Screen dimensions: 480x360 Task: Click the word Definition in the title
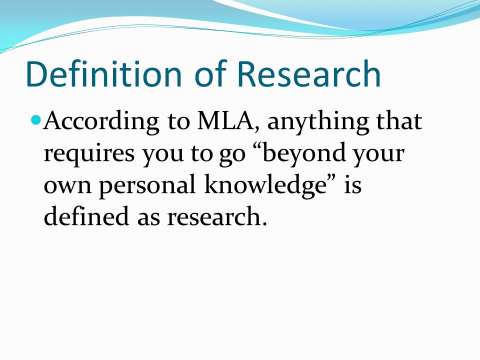tap(104, 73)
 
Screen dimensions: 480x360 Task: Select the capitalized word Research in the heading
tap(309, 73)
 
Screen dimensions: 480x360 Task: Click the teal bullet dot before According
tap(36, 120)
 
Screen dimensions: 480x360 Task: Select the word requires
tap(89, 153)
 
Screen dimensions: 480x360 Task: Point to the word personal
tap(147, 185)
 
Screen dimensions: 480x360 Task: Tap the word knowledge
tap(265, 185)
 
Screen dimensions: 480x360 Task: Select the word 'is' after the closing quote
tap(352, 184)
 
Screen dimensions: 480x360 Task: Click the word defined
tap(86, 215)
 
